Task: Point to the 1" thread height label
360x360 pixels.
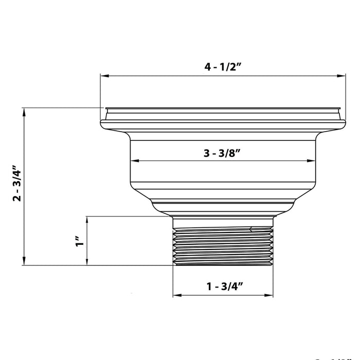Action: (78, 241)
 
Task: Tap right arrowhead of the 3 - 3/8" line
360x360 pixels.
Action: (311, 161)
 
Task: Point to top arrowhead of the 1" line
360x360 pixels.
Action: (88, 220)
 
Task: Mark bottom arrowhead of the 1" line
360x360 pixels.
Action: (88, 262)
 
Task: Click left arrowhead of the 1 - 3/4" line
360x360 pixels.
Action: (176, 295)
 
